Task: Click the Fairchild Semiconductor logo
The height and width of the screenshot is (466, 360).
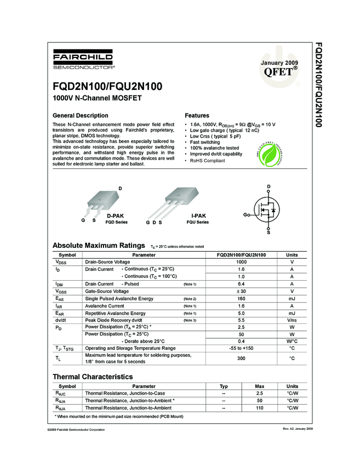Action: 83,60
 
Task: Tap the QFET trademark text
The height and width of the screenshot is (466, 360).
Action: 281,71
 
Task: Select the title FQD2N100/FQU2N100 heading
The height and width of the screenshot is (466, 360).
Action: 107,87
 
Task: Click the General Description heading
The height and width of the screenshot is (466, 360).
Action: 80,116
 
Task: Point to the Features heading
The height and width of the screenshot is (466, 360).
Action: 197,116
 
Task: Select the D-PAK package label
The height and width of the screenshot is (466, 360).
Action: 115,217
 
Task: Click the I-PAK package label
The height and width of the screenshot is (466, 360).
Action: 198,217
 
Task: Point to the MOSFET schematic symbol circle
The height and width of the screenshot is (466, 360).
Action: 268,210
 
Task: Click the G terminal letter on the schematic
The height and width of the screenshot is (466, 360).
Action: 246,215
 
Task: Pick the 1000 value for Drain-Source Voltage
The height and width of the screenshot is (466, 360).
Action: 241,262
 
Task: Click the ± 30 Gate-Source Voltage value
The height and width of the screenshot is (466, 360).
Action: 241,291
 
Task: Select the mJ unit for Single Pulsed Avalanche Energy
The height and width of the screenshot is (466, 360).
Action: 292,298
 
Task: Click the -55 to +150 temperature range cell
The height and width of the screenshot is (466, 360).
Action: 241,348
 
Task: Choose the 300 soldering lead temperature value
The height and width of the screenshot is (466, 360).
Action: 241,359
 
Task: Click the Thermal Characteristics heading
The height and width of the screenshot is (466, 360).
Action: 93,377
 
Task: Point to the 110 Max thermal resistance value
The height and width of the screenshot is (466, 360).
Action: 260,408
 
